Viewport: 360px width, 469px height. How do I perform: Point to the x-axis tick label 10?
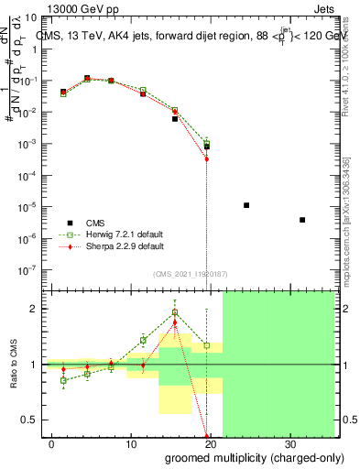click(132, 442)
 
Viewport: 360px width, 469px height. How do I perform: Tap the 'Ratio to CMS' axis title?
click(13, 364)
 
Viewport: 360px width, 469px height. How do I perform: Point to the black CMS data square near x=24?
click(246, 205)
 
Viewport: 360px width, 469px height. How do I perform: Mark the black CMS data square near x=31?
click(302, 220)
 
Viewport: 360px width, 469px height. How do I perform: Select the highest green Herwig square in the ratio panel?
click(175, 312)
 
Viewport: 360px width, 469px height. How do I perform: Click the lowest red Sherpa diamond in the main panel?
click(207, 158)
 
